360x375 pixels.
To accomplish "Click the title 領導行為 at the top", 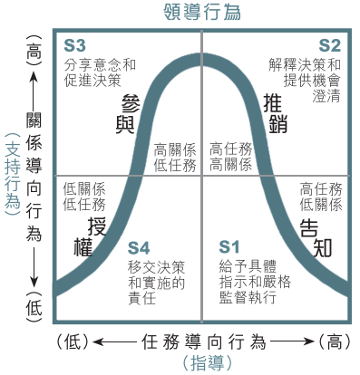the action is [x=202, y=12].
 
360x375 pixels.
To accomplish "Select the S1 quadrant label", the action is [x=229, y=247].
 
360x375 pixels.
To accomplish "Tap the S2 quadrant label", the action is [x=329, y=46].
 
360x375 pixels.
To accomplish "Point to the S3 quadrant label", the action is [x=74, y=46].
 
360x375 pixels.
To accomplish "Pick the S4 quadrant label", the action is [x=139, y=248].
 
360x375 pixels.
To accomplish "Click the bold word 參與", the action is [x=129, y=114].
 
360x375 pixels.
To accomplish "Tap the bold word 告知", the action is [x=316, y=238].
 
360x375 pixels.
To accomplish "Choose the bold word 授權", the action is [x=90, y=237].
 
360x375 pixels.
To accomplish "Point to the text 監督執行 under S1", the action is [x=248, y=297].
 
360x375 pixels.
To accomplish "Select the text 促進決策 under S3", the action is [x=92, y=81].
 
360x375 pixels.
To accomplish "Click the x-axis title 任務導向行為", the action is [x=204, y=342].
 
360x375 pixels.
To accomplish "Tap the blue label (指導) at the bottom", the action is [x=208, y=363].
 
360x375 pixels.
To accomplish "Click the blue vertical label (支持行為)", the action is [x=13, y=175].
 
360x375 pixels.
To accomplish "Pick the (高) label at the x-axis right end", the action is [x=335, y=342].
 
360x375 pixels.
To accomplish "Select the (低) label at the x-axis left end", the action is [x=73, y=342].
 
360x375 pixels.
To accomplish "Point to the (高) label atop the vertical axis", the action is [x=34, y=51].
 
